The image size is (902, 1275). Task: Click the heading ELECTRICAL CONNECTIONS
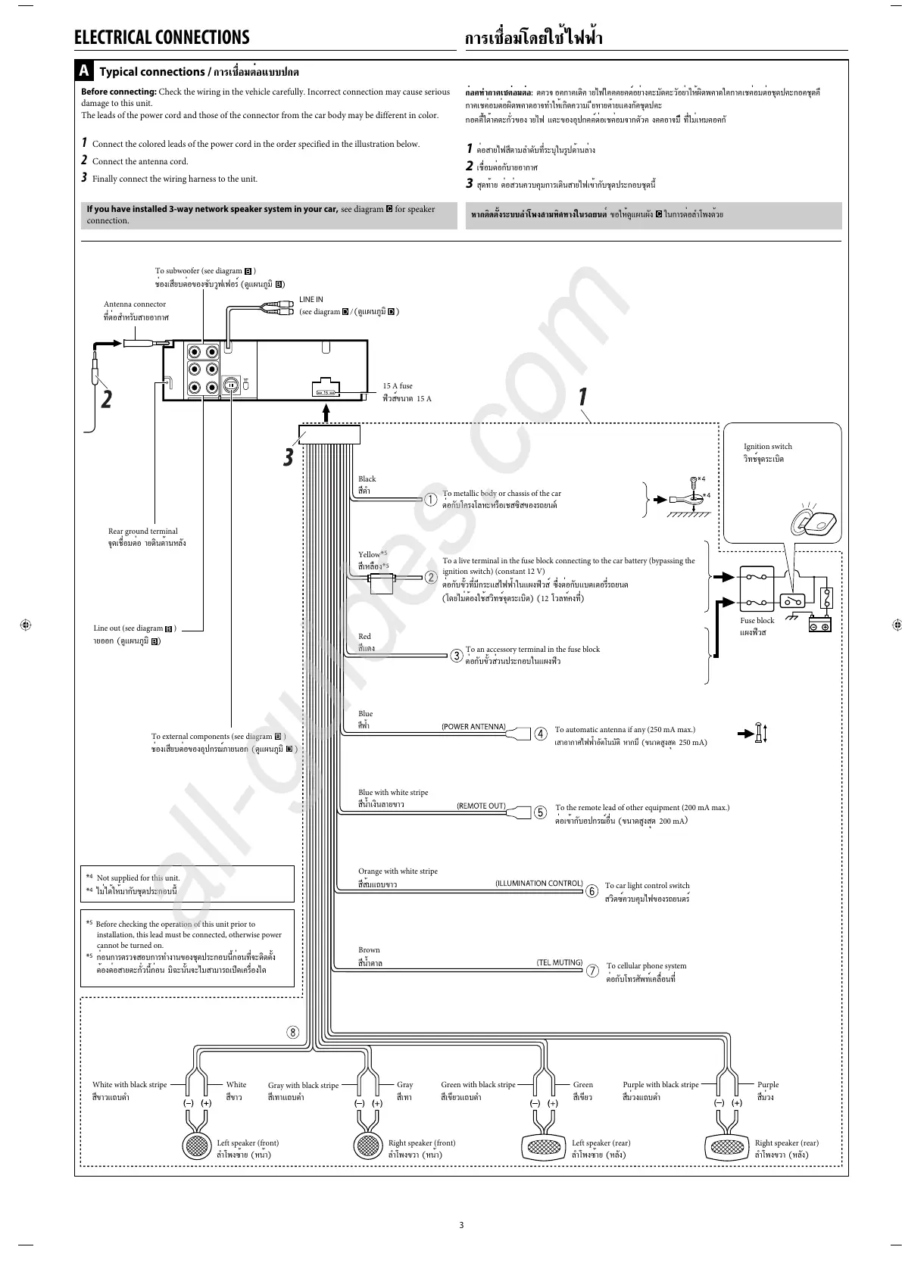pos(161,38)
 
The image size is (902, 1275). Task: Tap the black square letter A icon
pos(85,71)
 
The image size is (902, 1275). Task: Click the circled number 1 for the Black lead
pos(431,500)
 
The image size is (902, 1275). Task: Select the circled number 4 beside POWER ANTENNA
pos(541,734)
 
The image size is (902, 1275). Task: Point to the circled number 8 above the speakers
pos(292,1032)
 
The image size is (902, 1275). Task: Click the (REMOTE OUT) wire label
pos(481,806)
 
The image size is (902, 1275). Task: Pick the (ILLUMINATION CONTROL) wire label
pos(538,884)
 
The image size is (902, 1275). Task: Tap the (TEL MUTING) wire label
pos(560,962)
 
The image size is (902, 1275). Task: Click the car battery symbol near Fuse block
pos(819,625)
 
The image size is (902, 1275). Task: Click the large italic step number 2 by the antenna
pos(106,398)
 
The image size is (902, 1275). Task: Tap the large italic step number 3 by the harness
pos(289,457)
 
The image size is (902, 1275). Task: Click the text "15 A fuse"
pos(398,386)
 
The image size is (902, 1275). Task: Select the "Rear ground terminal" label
pos(143,532)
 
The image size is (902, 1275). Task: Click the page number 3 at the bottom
pos(461,1225)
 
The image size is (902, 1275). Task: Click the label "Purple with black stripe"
pos(660,1084)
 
